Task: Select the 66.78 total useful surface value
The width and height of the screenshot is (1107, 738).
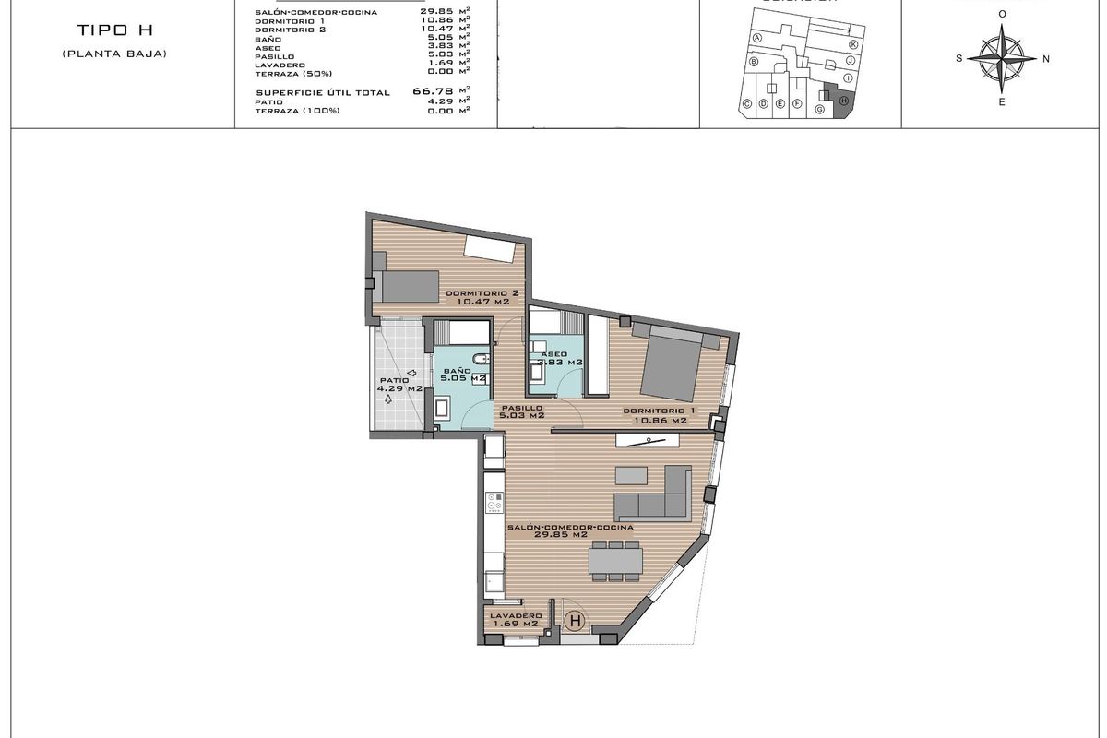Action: [440, 92]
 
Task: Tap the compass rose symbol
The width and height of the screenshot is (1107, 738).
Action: [1002, 57]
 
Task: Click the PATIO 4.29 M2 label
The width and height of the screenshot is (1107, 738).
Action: [399, 384]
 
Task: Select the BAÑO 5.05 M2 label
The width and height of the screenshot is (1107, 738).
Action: [461, 373]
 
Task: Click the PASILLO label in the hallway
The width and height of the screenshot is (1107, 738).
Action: [521, 412]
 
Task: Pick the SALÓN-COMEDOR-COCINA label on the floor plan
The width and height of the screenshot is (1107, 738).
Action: [570, 530]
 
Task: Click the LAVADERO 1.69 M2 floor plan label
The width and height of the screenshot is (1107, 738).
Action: [514, 619]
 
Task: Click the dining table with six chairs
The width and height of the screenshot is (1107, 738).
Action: [615, 561]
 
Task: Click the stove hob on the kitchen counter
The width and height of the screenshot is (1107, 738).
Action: [494, 503]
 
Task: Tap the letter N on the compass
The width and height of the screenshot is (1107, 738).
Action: [1045, 58]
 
